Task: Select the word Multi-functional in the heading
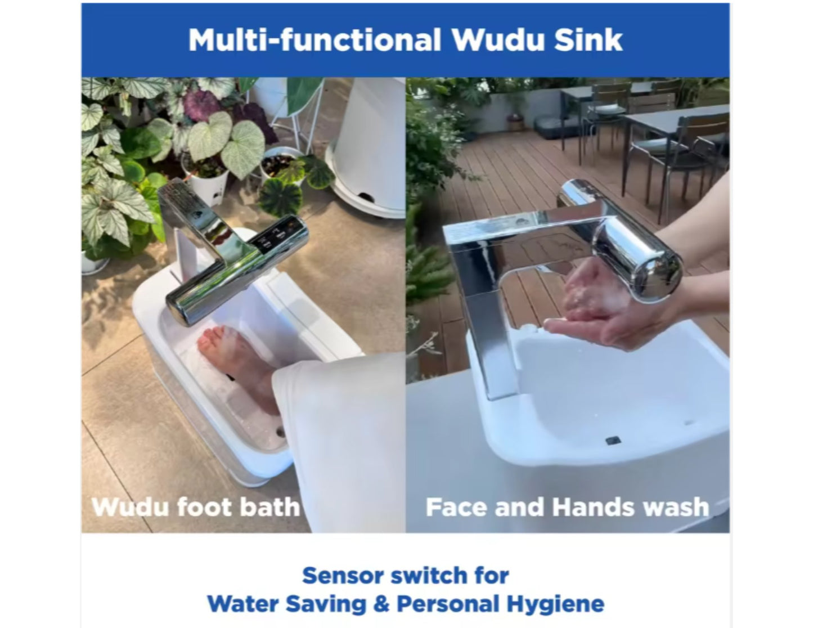pyautogui.click(x=314, y=40)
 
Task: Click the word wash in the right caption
pyautogui.click(x=676, y=507)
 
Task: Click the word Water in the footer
pyautogui.click(x=242, y=604)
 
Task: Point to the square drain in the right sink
pyautogui.click(x=614, y=439)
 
